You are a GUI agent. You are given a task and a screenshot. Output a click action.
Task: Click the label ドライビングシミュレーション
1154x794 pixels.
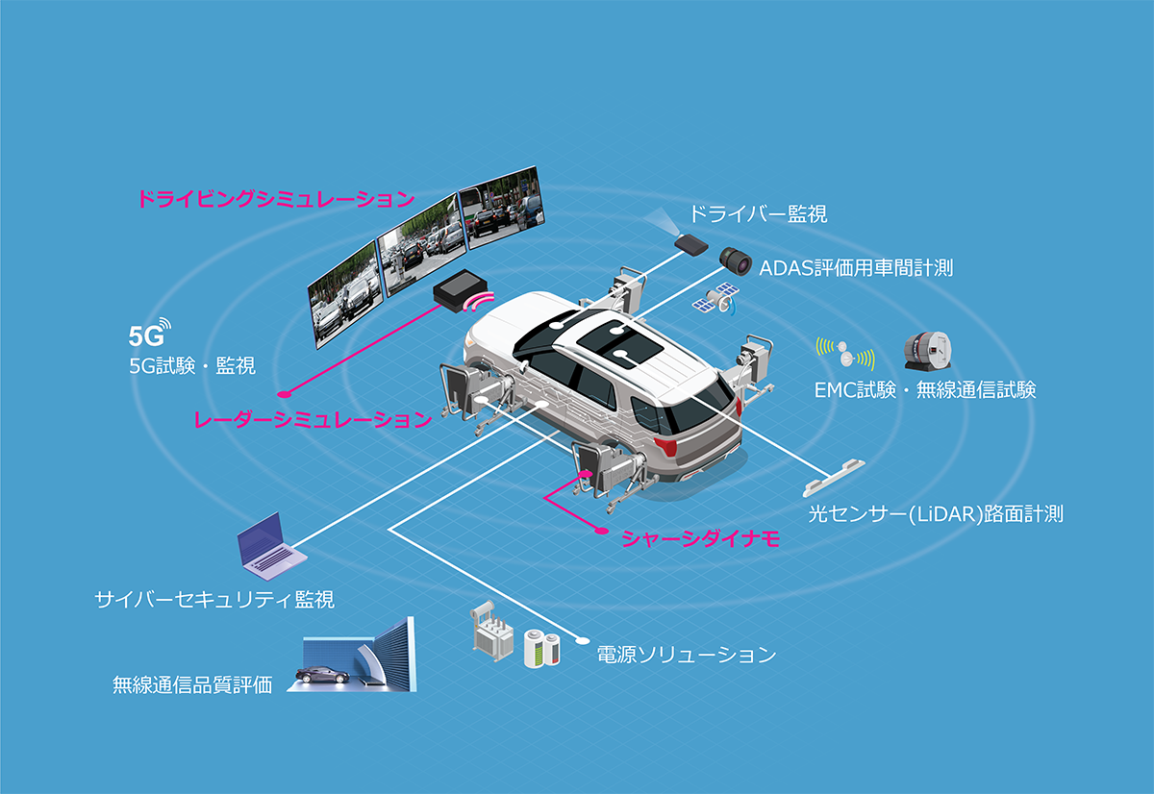point(275,200)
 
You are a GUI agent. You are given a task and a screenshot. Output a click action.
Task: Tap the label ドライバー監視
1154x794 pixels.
point(759,213)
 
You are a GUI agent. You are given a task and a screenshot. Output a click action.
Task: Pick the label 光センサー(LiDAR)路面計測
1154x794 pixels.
point(933,513)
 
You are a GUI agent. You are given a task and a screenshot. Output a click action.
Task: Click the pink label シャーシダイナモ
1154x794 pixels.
point(699,539)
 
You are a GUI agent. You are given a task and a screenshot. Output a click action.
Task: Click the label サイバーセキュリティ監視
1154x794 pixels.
point(214,600)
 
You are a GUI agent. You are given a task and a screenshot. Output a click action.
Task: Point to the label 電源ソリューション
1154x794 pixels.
point(686,656)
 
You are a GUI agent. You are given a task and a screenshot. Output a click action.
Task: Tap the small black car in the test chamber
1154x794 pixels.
point(321,675)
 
